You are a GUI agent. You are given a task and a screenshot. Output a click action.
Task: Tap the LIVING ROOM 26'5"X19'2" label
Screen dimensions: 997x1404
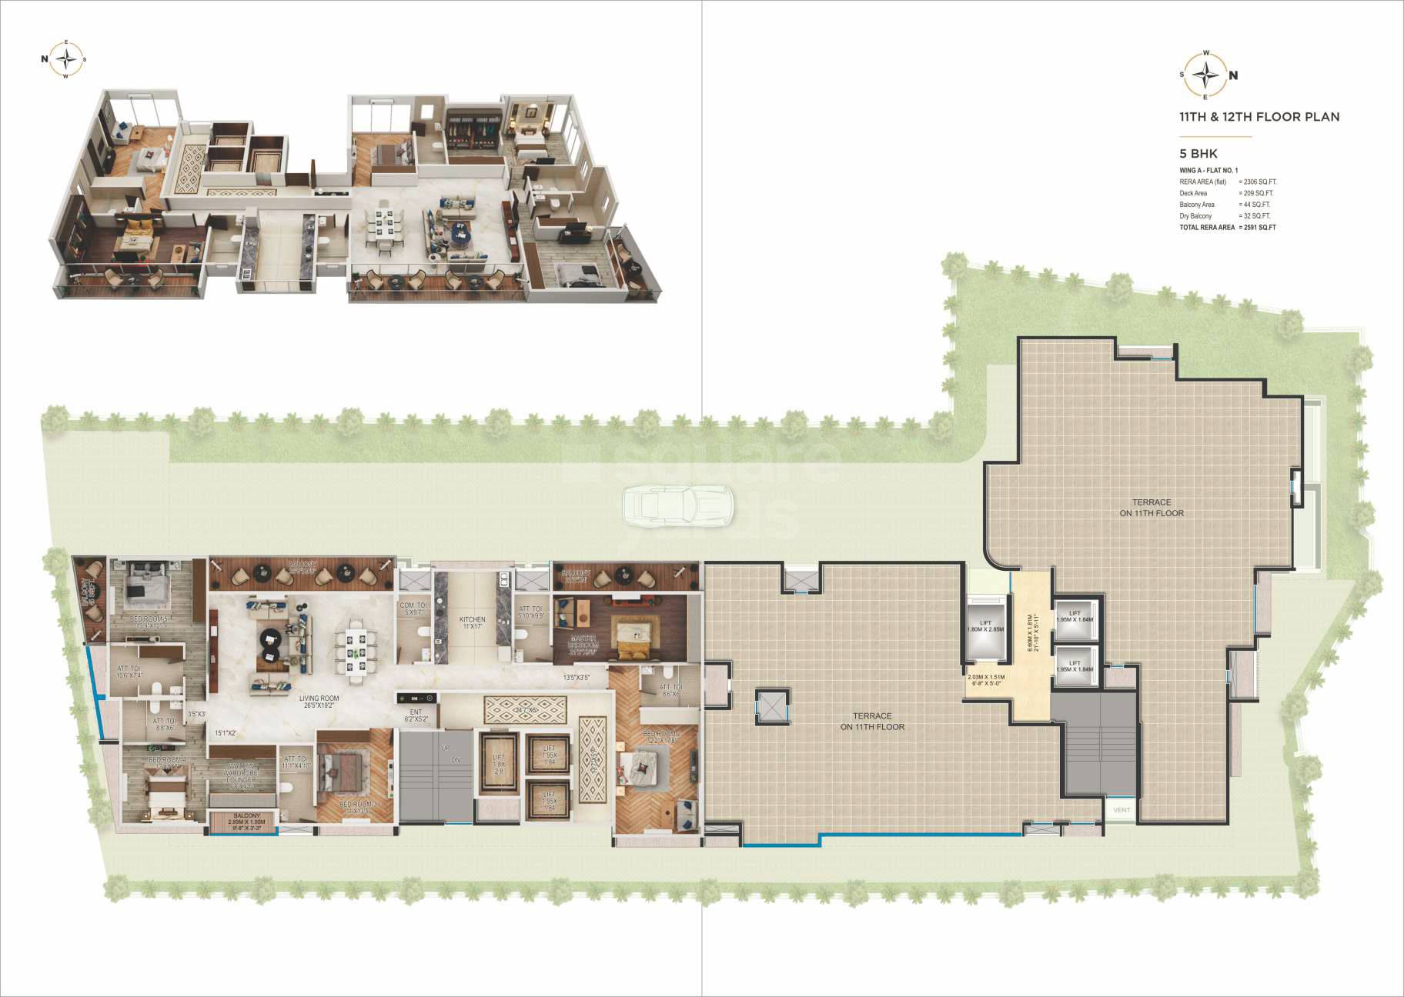click(x=319, y=702)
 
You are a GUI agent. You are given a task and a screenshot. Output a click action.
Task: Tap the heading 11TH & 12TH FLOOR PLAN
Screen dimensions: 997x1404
click(x=1259, y=117)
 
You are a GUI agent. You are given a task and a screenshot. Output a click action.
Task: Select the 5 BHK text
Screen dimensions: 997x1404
click(x=1198, y=154)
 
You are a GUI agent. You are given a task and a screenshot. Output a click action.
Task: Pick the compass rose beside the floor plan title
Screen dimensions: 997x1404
click(x=1205, y=75)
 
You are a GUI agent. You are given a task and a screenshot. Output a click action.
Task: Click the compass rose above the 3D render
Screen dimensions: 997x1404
click(x=69, y=59)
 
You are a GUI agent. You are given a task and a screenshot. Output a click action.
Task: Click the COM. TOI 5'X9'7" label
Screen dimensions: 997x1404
click(x=413, y=609)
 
